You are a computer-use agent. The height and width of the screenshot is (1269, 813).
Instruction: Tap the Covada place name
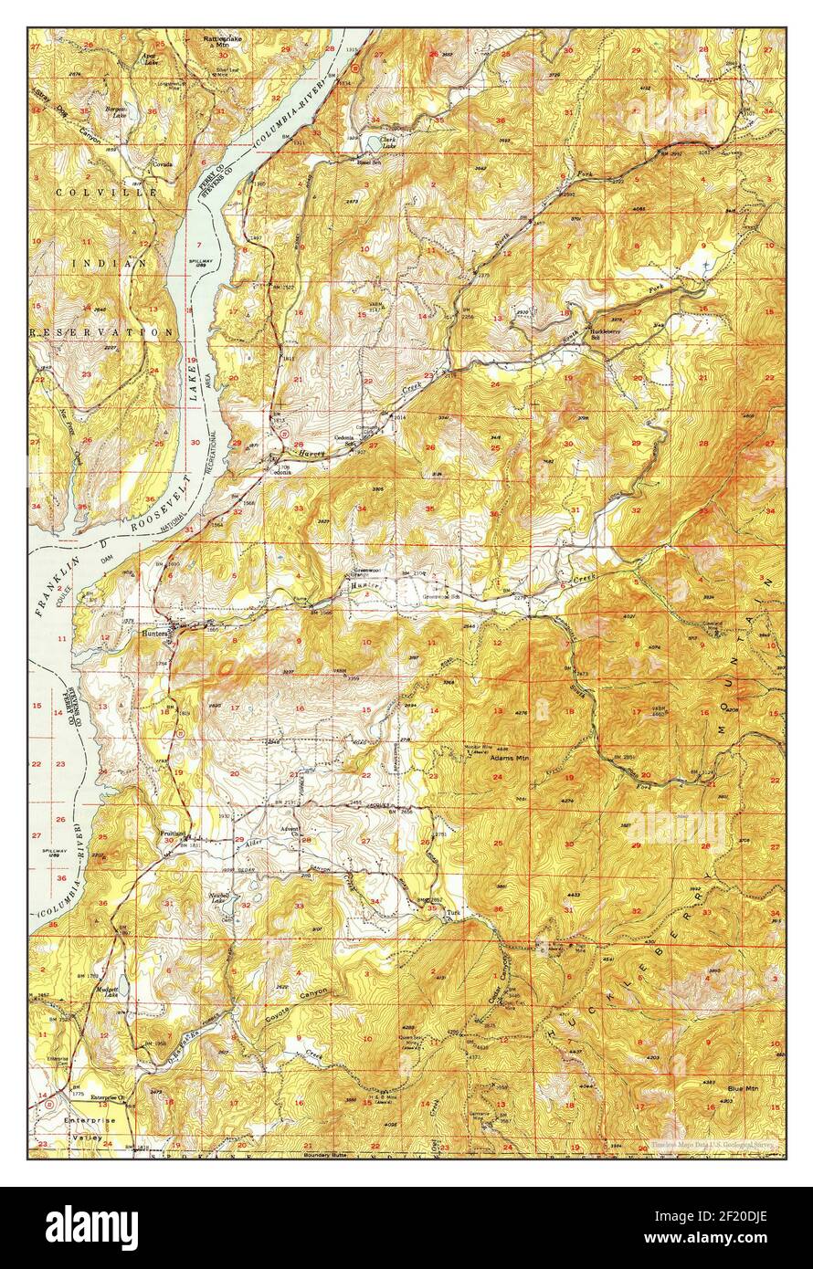pos(162,164)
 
